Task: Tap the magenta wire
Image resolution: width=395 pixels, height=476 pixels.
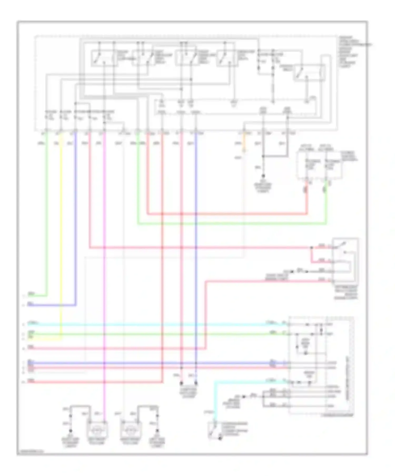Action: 104,289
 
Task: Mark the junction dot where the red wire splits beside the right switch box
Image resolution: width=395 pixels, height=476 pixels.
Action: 312,248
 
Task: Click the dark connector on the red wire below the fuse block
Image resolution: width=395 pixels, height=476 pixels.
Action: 306,189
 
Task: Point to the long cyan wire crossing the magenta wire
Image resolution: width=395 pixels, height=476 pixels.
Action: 158,324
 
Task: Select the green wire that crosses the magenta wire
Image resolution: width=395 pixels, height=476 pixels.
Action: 158,334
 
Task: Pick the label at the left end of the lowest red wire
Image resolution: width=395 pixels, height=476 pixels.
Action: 31,380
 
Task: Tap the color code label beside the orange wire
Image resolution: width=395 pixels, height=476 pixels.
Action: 238,144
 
